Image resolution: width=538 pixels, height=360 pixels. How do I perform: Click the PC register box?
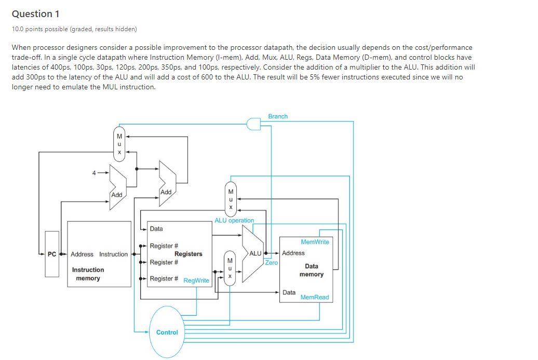(51, 254)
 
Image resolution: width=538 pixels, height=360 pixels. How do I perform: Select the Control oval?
(167, 332)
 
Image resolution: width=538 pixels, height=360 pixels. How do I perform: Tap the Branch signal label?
(278, 116)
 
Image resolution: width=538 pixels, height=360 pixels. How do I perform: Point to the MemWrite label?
(315, 242)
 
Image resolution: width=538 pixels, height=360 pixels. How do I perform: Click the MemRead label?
(315, 297)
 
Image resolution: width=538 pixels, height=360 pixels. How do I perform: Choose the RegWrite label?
(196, 281)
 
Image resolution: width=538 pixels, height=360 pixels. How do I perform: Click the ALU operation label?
(234, 220)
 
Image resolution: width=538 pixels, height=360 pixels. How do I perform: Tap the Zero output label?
(272, 263)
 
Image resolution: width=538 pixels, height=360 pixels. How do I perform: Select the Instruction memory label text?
(88, 274)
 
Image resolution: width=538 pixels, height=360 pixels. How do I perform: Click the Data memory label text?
(311, 270)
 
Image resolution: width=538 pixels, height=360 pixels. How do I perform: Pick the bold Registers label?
(188, 254)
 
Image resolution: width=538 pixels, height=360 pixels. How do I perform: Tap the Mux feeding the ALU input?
(230, 269)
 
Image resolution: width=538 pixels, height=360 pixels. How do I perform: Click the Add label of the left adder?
(117, 195)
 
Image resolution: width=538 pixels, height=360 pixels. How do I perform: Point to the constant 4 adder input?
(94, 172)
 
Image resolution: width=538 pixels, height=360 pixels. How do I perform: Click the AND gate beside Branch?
(253, 124)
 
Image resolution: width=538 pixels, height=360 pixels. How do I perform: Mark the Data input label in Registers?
(156, 229)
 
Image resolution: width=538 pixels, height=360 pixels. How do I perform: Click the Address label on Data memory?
(293, 253)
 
